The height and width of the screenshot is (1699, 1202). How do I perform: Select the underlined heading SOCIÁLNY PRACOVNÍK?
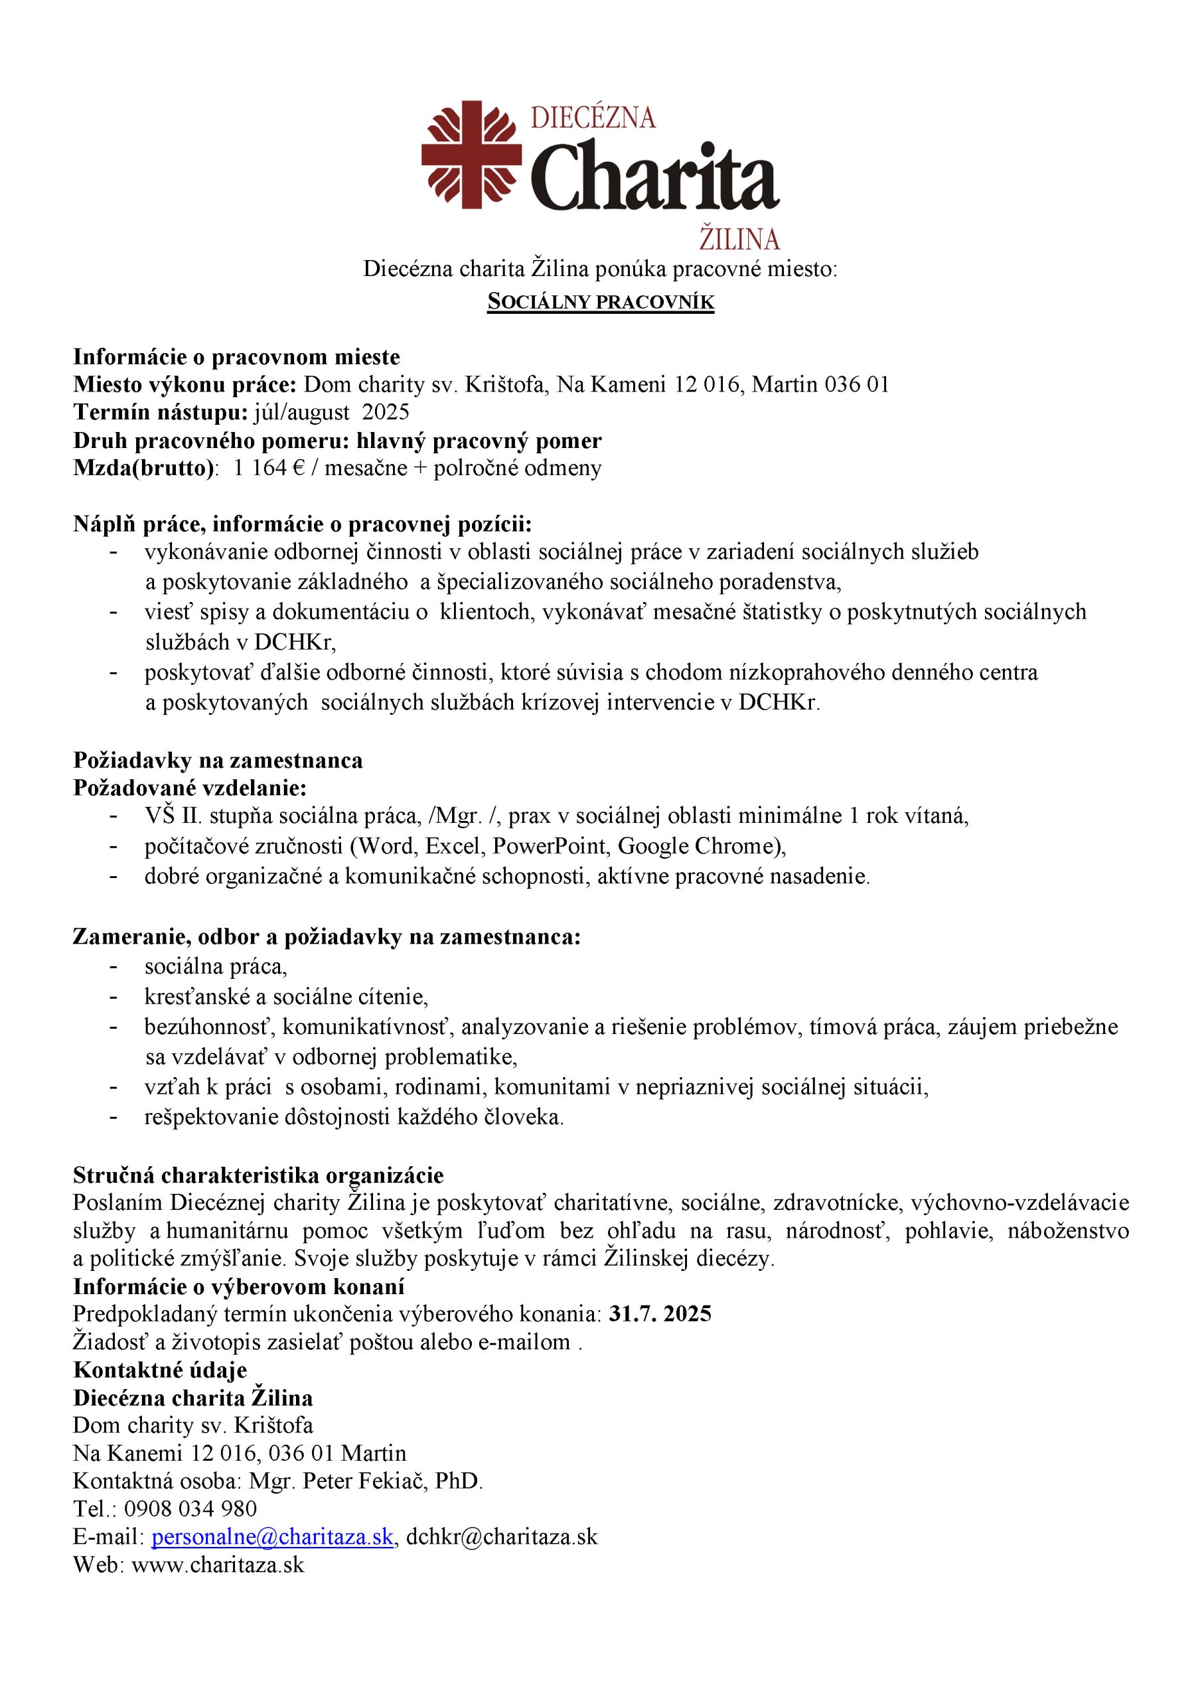point(600,302)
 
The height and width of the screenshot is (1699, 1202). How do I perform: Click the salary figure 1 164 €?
point(269,468)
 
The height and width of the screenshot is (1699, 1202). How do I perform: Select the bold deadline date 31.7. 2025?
point(660,1313)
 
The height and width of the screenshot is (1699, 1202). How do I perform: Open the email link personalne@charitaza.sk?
point(272,1537)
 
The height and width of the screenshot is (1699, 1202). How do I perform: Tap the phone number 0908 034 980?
point(190,1509)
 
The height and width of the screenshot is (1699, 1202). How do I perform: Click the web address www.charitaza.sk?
point(218,1564)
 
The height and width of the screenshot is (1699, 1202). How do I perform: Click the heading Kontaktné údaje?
point(160,1370)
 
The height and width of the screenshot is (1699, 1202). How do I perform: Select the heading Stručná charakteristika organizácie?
point(258,1175)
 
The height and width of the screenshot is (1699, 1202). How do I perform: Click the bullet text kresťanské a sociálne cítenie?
point(285,997)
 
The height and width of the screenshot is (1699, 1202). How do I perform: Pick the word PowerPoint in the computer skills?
point(552,846)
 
